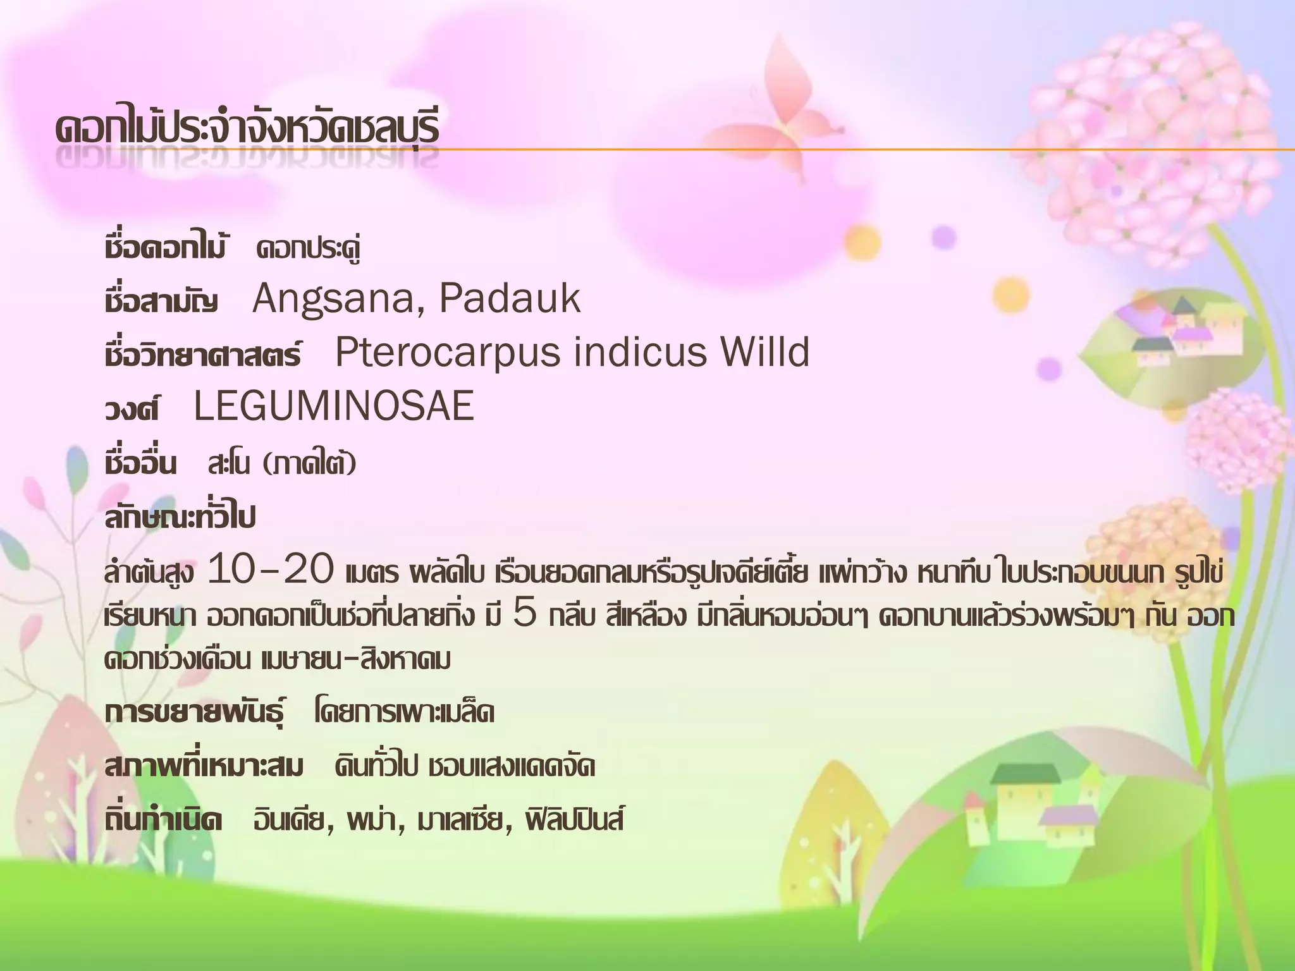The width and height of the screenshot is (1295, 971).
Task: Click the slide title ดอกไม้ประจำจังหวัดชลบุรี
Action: [247, 130]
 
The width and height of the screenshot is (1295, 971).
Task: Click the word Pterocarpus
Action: [447, 353]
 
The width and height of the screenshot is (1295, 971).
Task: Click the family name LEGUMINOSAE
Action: [334, 406]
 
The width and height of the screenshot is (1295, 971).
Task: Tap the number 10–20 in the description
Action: [271, 570]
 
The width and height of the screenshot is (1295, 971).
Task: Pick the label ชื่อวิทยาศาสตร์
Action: [203, 355]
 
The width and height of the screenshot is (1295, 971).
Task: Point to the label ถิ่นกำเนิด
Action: [164, 821]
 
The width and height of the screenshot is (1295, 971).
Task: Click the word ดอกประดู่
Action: [309, 248]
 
